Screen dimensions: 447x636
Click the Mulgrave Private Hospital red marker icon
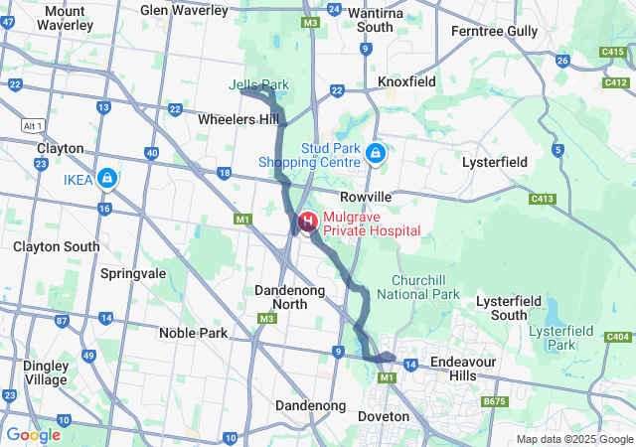[x=308, y=221]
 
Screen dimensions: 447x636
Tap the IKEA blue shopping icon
[x=106, y=179]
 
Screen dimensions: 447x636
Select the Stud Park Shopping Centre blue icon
[x=376, y=153]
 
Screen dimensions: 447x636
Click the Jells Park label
[x=257, y=85]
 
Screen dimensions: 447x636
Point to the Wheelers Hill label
[x=238, y=119]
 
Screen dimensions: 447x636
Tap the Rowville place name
[x=367, y=198]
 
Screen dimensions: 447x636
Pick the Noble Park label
[x=193, y=333]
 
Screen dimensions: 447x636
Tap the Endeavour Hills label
[x=462, y=369]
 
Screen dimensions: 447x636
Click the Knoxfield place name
[x=406, y=81]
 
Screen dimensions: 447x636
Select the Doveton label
[x=383, y=416]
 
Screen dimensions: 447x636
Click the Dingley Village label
[x=46, y=372]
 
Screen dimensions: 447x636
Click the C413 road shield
[x=542, y=199]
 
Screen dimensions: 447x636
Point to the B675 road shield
[x=494, y=401]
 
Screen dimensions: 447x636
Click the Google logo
[x=33, y=434]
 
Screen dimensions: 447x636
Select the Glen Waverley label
[x=184, y=10]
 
